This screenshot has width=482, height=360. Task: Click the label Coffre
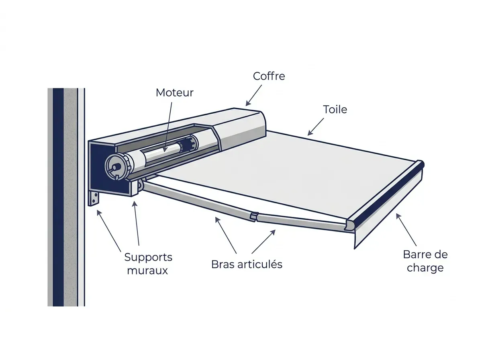click(269, 76)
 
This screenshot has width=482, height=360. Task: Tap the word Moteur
click(175, 92)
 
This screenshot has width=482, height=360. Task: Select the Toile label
click(335, 109)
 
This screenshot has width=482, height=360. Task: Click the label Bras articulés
click(247, 264)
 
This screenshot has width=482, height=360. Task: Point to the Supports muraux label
click(148, 264)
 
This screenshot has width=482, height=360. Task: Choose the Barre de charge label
click(425, 261)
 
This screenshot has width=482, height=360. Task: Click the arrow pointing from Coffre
click(253, 95)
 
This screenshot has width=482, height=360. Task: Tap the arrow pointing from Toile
click(316, 127)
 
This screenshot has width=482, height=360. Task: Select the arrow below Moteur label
click(168, 127)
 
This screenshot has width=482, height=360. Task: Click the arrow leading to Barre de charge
click(406, 229)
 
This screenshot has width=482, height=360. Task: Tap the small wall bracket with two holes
click(94, 199)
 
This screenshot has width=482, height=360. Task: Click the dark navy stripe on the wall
click(58, 197)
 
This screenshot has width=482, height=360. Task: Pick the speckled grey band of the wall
click(70, 197)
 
